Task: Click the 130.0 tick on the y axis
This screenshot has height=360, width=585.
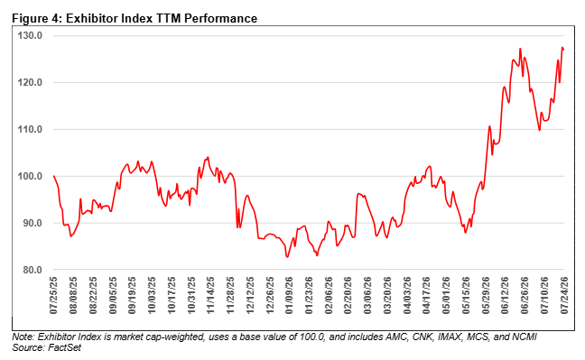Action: tap(30, 35)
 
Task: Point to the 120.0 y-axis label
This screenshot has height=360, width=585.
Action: tap(30, 82)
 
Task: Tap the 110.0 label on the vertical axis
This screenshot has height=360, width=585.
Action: tap(30, 129)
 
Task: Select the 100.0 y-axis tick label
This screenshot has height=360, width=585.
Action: tap(30, 176)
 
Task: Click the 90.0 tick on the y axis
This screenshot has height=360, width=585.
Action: tap(32, 223)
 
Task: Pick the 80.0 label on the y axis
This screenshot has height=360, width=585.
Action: tap(32, 270)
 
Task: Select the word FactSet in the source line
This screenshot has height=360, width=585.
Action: tap(64, 347)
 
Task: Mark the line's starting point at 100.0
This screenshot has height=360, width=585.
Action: tap(54, 176)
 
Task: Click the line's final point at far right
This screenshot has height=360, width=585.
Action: tap(563, 50)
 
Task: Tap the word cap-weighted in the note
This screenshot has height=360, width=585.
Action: tap(181, 337)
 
